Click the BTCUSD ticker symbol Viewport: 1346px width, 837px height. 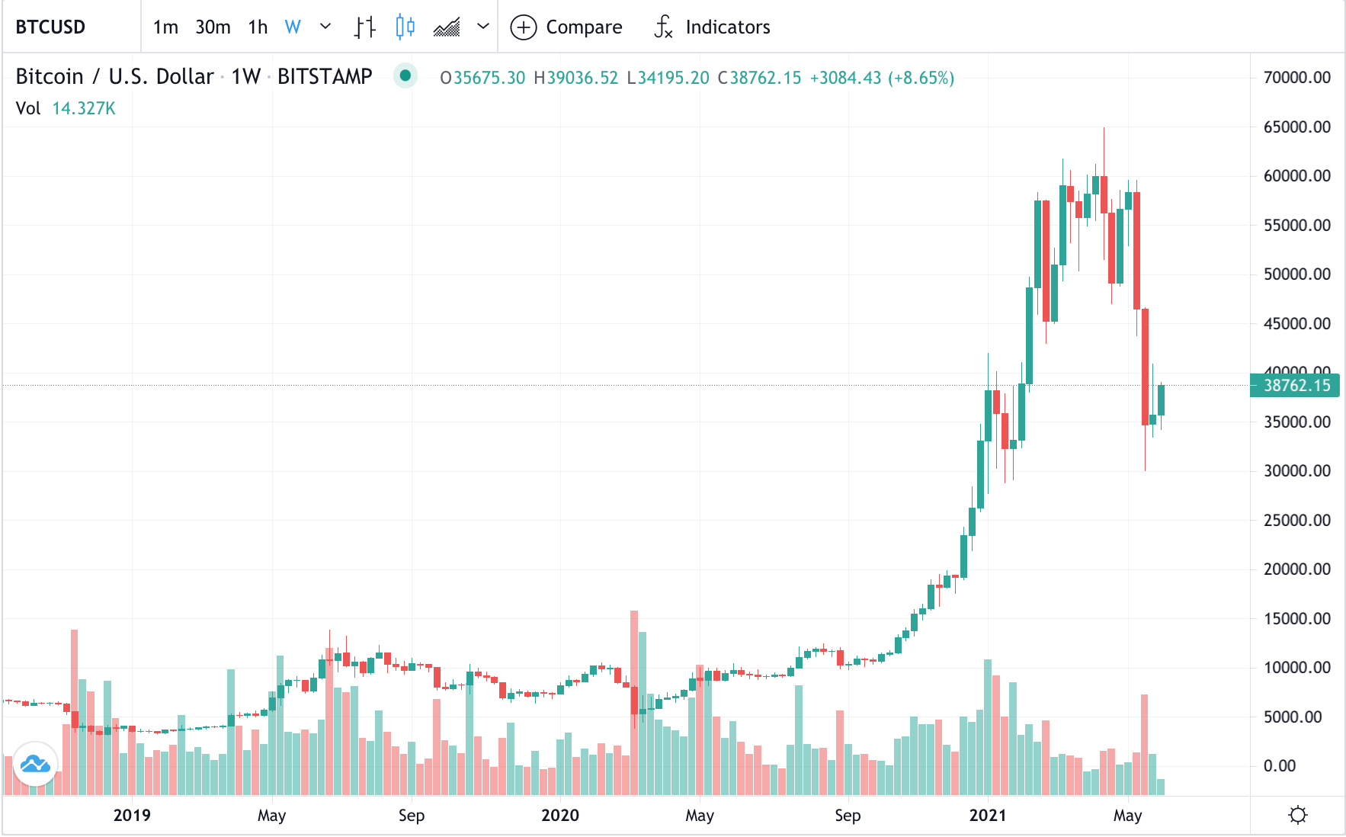pyautogui.click(x=50, y=27)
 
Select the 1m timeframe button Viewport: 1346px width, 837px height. pyautogui.click(x=165, y=27)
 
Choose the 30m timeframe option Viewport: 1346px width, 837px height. pyautogui.click(x=213, y=27)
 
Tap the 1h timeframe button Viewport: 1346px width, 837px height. pyautogui.click(x=258, y=27)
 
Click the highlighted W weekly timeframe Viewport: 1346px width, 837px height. pyautogui.click(x=293, y=27)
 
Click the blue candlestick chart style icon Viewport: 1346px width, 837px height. pyautogui.click(x=405, y=27)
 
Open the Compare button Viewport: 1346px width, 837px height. pyautogui.click(x=566, y=27)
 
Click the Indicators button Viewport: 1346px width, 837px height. pyautogui.click(x=713, y=27)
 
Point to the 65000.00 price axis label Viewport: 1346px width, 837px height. pyautogui.click(x=1296, y=127)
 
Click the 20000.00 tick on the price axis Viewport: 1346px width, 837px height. pyautogui.click(x=1296, y=569)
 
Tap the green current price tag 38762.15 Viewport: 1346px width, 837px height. pyautogui.click(x=1296, y=386)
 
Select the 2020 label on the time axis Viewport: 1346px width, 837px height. pyautogui.click(x=560, y=816)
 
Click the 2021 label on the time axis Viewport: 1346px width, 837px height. pyautogui.click(x=988, y=816)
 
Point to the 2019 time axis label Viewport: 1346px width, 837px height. pyautogui.click(x=132, y=816)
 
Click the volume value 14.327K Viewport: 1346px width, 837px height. pyautogui.click(x=84, y=108)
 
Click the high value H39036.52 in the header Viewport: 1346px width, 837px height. pyautogui.click(x=576, y=78)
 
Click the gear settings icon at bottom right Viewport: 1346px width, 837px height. pyautogui.click(x=1297, y=816)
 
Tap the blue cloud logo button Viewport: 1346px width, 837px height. pyautogui.click(x=36, y=763)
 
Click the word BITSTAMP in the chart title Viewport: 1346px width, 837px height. pyautogui.click(x=325, y=77)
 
